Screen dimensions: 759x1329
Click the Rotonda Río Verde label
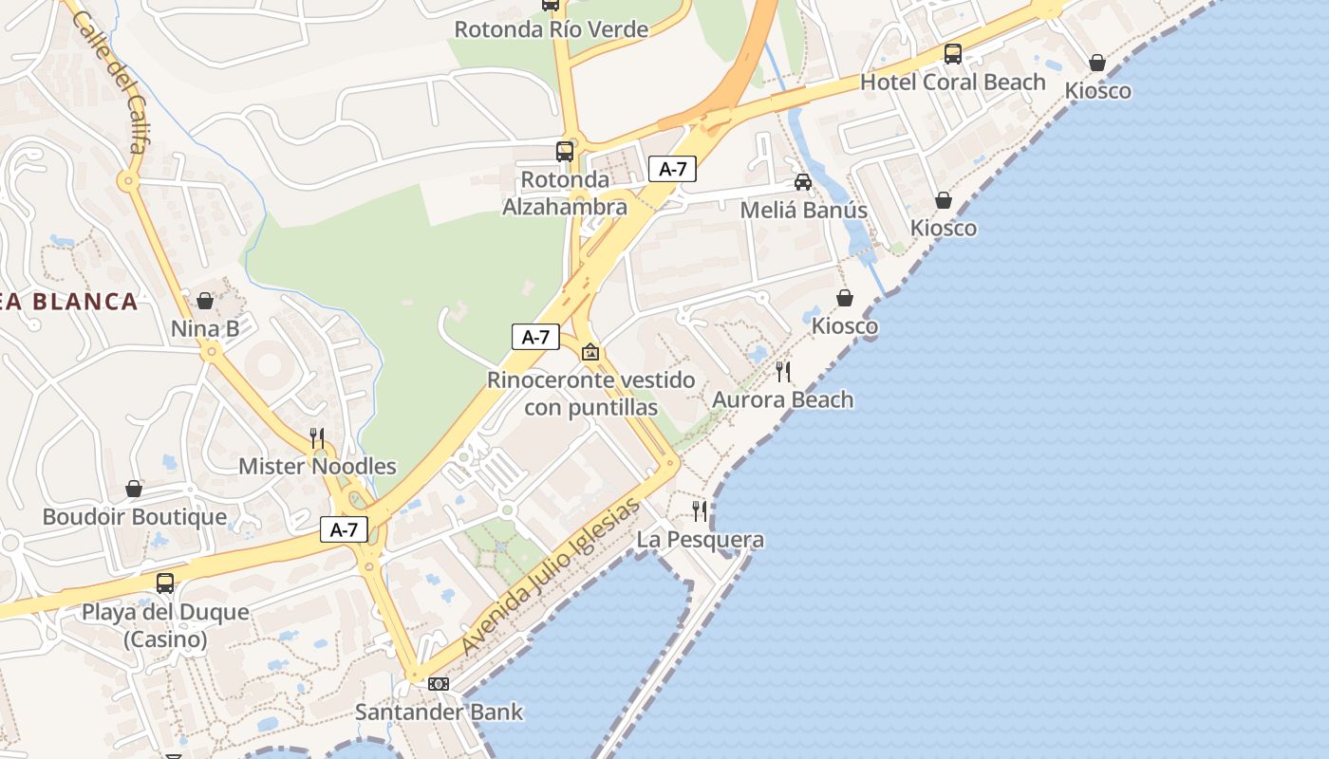[x=551, y=29]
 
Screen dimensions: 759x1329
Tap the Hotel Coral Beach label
[x=952, y=83]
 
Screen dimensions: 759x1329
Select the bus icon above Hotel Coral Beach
[x=952, y=54]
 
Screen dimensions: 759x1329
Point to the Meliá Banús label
[x=803, y=210]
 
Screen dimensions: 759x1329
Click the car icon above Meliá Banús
[x=803, y=181]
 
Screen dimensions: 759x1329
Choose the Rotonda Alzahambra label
[x=565, y=194]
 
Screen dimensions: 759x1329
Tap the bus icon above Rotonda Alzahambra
[x=565, y=151]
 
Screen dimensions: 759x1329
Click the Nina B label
[x=205, y=329]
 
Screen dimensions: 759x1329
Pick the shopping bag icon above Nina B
[x=205, y=301]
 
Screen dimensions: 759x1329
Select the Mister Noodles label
[x=317, y=466]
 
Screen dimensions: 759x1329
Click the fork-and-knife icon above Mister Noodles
[x=317, y=437]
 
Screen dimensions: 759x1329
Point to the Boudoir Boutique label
[x=135, y=517]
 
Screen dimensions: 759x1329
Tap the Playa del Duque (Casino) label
[x=165, y=625]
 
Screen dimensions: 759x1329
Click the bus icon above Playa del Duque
[x=165, y=583]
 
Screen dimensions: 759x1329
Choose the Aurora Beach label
[x=783, y=399]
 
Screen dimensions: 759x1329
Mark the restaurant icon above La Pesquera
[x=700, y=511]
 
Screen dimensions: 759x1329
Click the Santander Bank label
[x=439, y=712]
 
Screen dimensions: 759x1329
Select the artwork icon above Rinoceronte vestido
[x=590, y=352]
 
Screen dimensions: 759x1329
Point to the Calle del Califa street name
[x=110, y=82]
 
